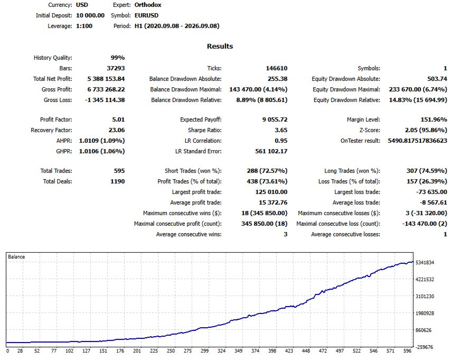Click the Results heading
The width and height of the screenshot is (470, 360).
pyautogui.click(x=220, y=46)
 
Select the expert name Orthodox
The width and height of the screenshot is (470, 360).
pyautogui.click(x=148, y=5)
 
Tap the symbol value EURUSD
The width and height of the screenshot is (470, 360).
pyautogui.click(x=146, y=15)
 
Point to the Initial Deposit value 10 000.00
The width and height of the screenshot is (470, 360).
pyautogui.click(x=90, y=15)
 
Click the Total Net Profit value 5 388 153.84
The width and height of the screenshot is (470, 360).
pyautogui.click(x=106, y=79)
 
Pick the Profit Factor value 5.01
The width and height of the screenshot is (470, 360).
pyautogui.click(x=118, y=119)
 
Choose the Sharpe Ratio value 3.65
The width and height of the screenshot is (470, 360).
pyautogui.click(x=281, y=130)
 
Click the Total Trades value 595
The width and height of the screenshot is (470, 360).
pyautogui.click(x=119, y=171)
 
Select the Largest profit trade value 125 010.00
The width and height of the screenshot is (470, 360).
pyautogui.click(x=271, y=192)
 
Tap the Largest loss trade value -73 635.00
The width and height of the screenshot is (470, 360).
pyautogui.click(x=431, y=192)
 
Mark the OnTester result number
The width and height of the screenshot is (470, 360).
pyautogui.click(x=418, y=141)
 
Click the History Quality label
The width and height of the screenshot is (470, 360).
pyautogui.click(x=53, y=58)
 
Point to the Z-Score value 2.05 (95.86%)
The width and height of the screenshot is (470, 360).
pyautogui.click(x=426, y=130)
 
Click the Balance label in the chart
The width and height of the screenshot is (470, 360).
pyautogui.click(x=16, y=257)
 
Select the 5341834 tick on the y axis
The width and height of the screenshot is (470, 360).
pyautogui.click(x=425, y=263)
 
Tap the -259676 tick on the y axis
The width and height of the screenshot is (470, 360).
pyautogui.click(x=424, y=347)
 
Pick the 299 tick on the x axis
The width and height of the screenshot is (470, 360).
pyautogui.click(x=205, y=350)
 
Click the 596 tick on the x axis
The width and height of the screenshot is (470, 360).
pyautogui.click(x=407, y=350)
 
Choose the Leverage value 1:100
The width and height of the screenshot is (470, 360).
pyautogui.click(x=84, y=26)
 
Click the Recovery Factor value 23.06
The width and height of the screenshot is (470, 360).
pyautogui.click(x=117, y=130)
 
